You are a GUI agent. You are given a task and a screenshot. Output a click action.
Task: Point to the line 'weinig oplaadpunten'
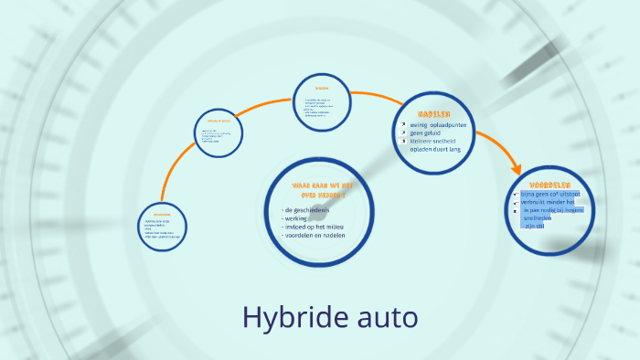(x=440, y=124)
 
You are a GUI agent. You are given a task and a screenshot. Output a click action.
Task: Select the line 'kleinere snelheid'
(x=432, y=141)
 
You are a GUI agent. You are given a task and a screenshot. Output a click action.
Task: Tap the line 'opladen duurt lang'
(x=435, y=149)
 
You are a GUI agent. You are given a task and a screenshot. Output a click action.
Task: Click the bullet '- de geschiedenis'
(x=307, y=209)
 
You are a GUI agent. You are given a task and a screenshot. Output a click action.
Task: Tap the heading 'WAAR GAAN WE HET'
(x=319, y=185)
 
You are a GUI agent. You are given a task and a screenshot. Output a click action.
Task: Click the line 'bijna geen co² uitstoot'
(x=557, y=194)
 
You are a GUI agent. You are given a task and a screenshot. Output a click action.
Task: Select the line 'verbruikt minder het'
(x=553, y=202)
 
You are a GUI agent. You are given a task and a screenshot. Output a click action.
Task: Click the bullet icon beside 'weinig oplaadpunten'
(x=402, y=124)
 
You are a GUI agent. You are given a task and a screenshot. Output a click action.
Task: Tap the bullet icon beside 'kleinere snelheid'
(x=402, y=141)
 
